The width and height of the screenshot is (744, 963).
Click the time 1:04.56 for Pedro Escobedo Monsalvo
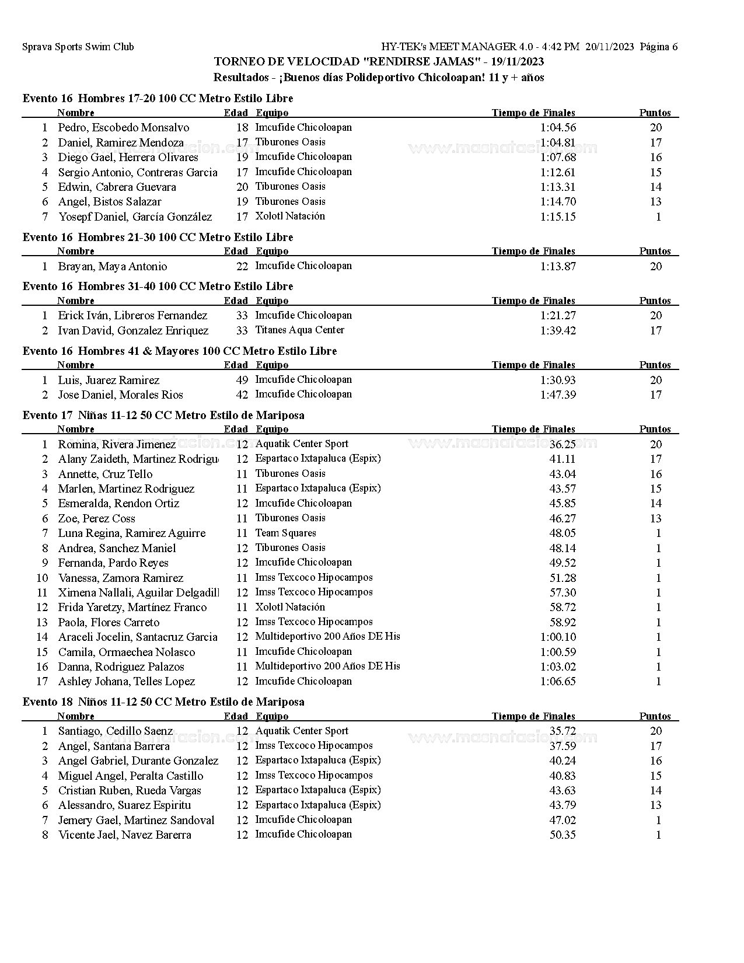click(558, 128)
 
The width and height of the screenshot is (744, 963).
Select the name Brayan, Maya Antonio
click(113, 267)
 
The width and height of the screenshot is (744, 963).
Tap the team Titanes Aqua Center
click(300, 330)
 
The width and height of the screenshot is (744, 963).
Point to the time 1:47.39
click(558, 395)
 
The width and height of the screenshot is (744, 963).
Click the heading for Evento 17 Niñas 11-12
click(163, 416)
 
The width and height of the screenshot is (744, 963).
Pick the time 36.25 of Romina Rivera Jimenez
click(563, 444)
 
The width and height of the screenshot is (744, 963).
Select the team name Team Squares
click(286, 533)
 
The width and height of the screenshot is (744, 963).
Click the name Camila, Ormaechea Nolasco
click(127, 653)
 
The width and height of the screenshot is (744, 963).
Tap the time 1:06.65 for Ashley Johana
click(558, 682)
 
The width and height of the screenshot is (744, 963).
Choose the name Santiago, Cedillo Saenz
click(116, 731)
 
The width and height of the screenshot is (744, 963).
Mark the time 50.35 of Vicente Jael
click(563, 835)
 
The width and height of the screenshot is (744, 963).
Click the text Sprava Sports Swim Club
click(78, 47)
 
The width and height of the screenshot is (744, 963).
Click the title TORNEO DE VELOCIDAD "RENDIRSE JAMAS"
click(379, 62)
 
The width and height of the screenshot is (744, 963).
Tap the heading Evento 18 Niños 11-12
click(163, 702)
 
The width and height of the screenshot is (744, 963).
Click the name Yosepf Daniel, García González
click(135, 217)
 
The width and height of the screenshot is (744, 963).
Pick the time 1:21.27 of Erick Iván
click(558, 316)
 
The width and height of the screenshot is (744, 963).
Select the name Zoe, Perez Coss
click(96, 519)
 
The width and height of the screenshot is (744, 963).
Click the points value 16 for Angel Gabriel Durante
click(656, 761)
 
